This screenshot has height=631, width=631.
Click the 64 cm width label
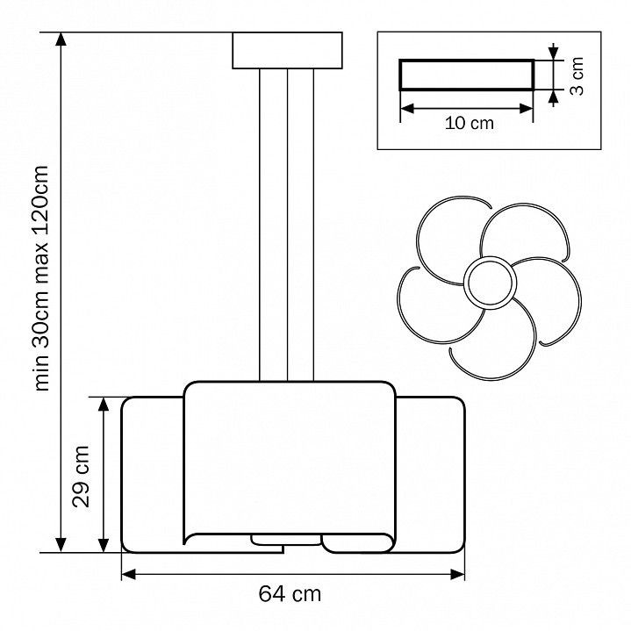tap(290, 594)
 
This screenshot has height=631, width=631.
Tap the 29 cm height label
tap(81, 477)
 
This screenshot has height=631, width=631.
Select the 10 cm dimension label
tap(470, 123)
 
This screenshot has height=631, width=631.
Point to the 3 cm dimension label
tap(577, 76)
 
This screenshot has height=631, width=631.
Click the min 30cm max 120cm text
tap(42, 277)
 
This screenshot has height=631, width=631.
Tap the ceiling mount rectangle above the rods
tap(287, 50)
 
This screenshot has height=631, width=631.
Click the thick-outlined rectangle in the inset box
tap(467, 75)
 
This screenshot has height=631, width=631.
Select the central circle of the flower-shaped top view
tap(490, 283)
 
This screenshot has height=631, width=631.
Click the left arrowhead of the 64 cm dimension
tap(129, 574)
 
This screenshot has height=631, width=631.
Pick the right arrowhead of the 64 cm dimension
tap(457, 574)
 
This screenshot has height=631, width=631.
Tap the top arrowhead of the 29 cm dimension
tap(104, 404)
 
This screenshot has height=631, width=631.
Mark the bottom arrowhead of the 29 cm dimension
tap(104, 545)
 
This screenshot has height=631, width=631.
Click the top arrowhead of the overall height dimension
tap(61, 39)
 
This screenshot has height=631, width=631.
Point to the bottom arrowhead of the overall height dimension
tap(61, 545)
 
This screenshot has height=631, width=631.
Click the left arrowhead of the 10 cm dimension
tap(408, 108)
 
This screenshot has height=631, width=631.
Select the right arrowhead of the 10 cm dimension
tap(526, 108)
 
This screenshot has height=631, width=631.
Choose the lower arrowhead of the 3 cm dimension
tap(554, 97)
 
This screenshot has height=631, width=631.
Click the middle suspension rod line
tap(287, 225)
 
